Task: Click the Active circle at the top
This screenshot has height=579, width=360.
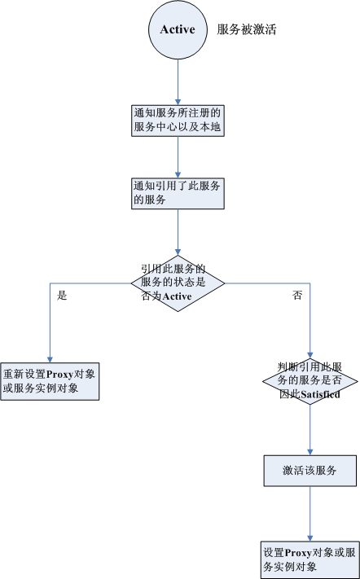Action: (178, 29)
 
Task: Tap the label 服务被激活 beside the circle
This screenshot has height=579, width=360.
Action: (246, 29)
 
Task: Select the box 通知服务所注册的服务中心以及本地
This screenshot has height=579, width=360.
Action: (178, 121)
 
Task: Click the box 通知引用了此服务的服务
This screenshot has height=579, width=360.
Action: (178, 194)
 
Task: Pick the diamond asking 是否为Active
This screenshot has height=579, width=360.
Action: (178, 283)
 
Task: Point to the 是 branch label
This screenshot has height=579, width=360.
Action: (62, 296)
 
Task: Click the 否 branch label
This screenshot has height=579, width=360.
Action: (297, 296)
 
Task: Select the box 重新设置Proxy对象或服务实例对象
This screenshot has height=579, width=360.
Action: (50, 381)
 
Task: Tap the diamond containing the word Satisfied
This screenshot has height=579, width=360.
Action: (310, 381)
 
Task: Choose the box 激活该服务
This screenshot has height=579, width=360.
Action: (310, 471)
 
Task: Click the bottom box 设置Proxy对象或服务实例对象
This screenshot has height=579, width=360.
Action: (310, 559)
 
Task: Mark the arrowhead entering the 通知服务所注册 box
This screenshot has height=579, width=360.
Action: (178, 102)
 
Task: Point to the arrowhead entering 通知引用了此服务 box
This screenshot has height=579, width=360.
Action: (178, 175)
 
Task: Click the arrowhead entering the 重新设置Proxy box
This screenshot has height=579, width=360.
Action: (50, 360)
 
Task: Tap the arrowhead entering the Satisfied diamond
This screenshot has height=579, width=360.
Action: (310, 355)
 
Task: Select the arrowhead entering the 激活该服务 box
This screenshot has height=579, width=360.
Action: (310, 452)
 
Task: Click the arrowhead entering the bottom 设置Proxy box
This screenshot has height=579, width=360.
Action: (310, 538)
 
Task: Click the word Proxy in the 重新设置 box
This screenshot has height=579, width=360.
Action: (60, 375)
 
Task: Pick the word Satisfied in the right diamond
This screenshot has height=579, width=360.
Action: (320, 394)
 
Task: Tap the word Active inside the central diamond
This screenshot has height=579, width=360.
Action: (177, 296)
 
